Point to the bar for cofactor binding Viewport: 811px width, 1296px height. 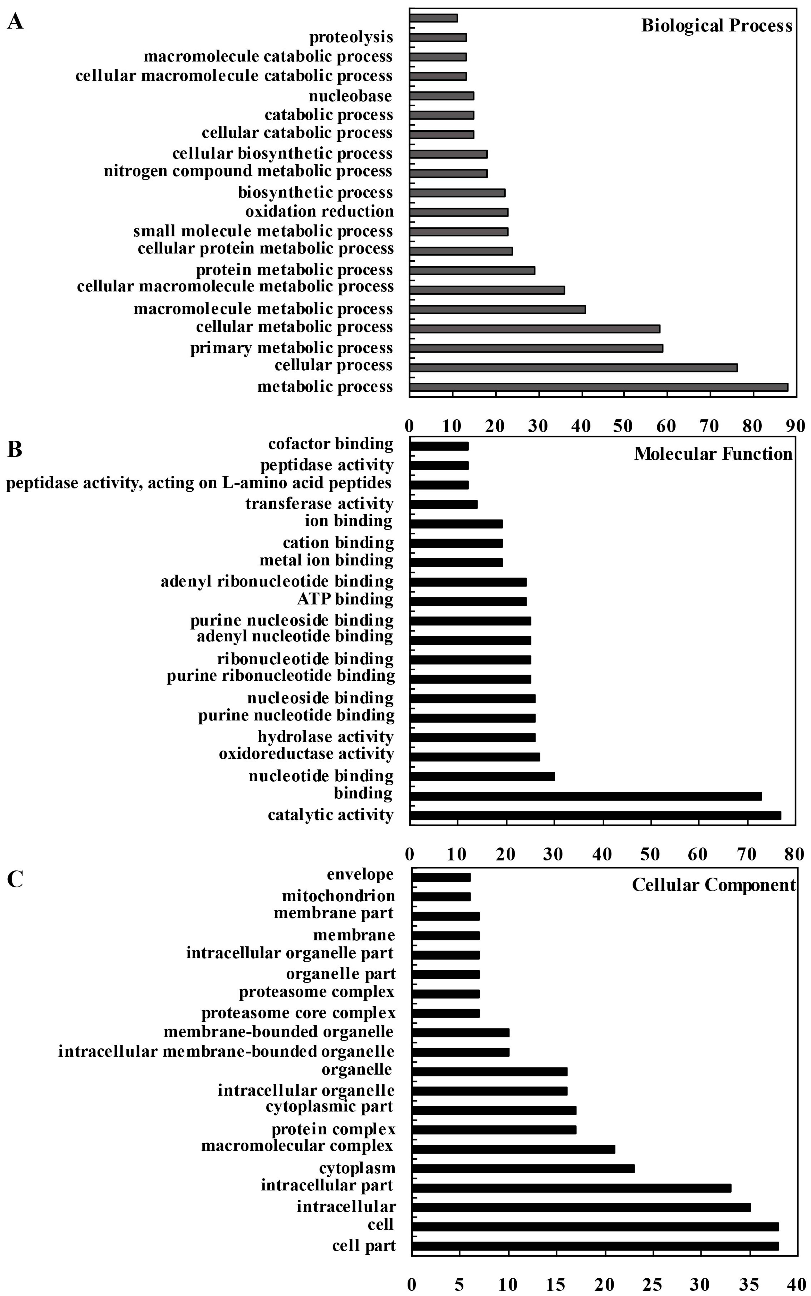point(439,446)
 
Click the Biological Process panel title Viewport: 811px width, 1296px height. point(717,25)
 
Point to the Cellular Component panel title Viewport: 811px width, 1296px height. point(713,885)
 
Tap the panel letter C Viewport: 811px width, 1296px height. point(15,879)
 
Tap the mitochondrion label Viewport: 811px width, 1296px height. point(338,896)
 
